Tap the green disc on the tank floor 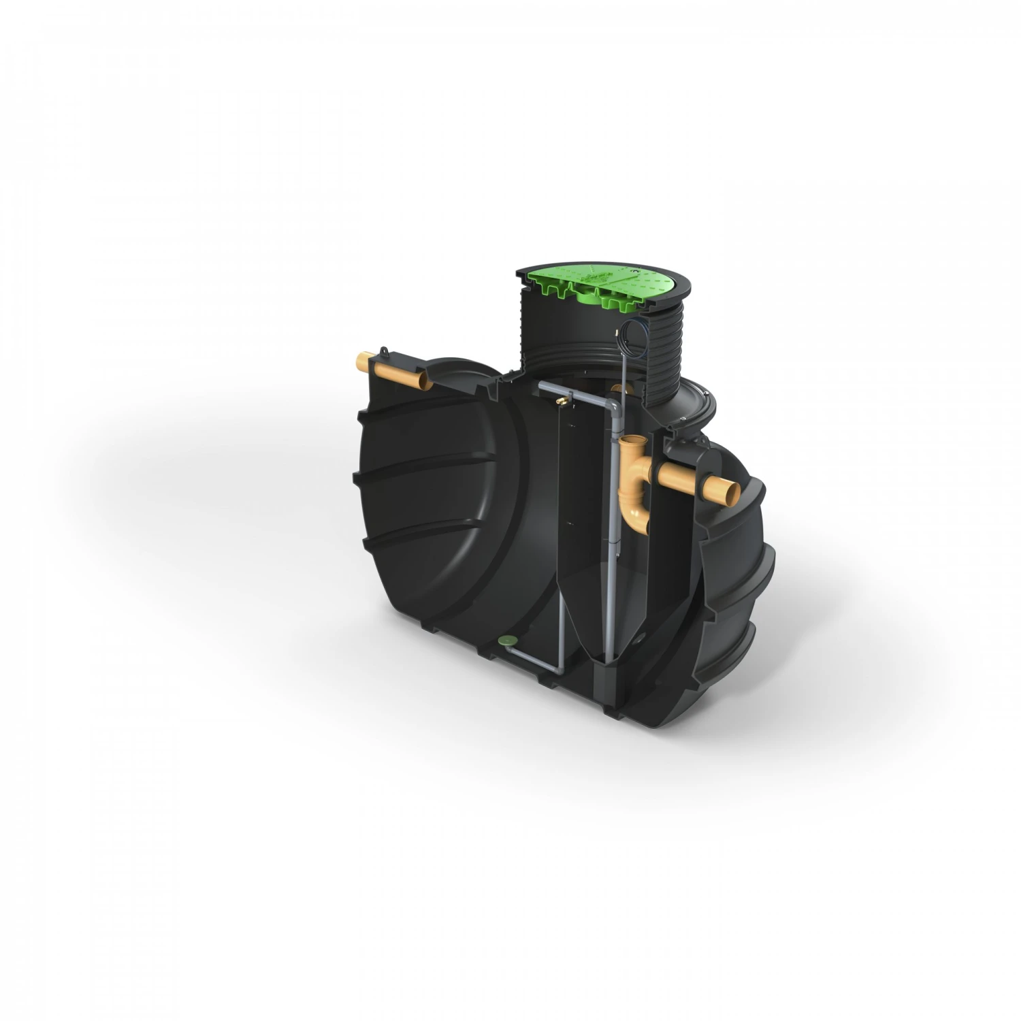pos(507,639)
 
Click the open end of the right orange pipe pos(731,489)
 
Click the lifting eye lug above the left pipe pos(386,352)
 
